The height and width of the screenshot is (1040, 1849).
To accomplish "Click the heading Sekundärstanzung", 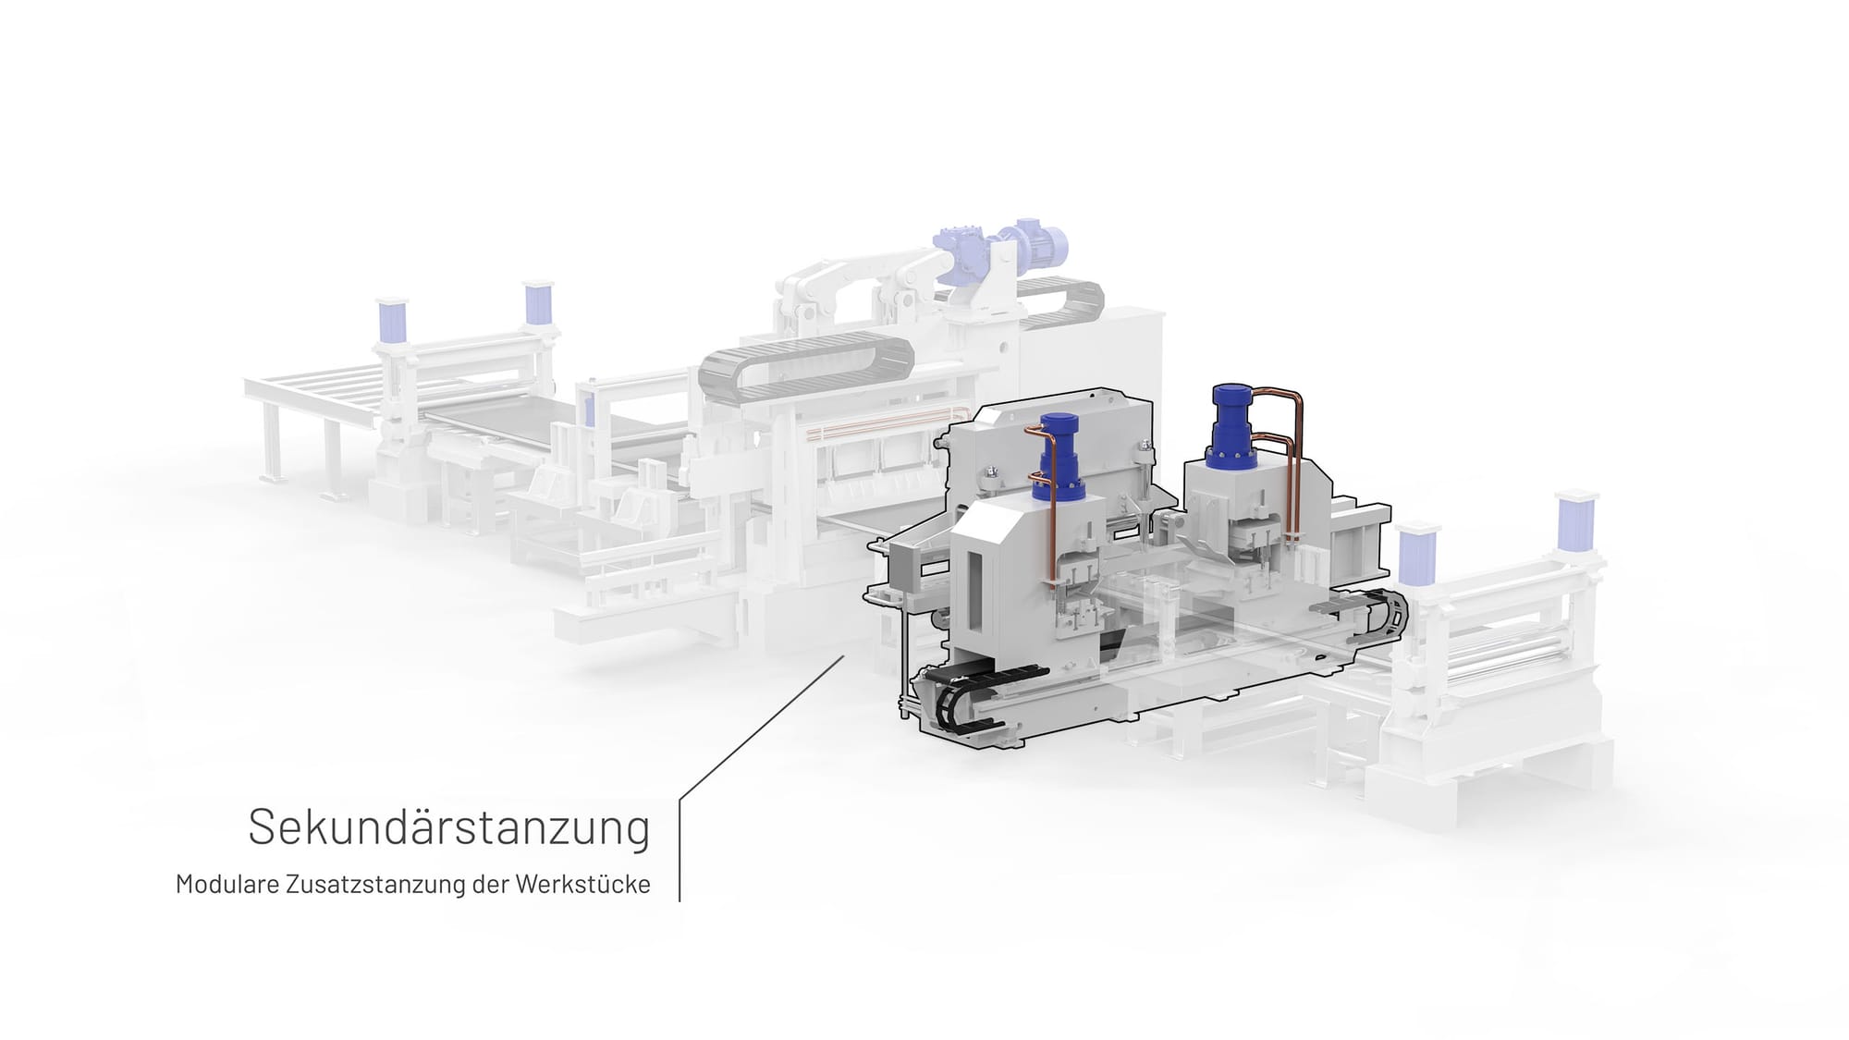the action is [449, 827].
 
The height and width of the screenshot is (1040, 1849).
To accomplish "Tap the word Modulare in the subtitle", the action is [227, 884].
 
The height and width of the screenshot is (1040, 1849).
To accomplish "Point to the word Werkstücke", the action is [582, 884].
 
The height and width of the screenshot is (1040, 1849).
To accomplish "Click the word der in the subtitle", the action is [489, 884].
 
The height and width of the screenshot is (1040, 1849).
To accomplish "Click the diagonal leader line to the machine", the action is [762, 728].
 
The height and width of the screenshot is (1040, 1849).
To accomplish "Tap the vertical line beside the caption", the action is [680, 850].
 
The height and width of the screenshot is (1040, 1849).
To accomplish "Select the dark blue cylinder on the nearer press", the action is [1059, 457].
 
